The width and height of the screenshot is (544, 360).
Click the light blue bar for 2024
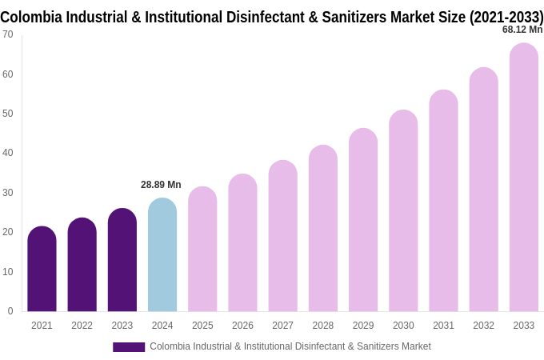162,256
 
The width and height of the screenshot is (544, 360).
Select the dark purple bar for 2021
42,270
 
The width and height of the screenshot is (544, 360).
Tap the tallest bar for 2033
523,178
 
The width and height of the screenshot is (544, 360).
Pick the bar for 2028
323,229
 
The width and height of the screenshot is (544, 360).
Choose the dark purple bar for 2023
122,261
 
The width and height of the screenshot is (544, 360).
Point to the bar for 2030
403,211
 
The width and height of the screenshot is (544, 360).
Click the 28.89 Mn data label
161,185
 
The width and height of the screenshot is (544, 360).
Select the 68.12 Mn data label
522,30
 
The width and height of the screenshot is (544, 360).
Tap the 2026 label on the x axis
242,326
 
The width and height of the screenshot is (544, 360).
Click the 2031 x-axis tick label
443,326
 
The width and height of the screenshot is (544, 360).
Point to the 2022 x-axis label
82,326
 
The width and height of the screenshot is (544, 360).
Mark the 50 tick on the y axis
7,114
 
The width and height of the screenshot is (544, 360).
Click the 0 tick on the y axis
10,311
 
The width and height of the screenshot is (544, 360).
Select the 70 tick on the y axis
7,34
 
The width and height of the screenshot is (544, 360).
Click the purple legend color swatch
128,347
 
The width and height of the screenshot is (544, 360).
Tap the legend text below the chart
290,346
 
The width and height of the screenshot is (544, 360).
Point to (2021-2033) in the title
506,17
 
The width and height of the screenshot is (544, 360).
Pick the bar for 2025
202,250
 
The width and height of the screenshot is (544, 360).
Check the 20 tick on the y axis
7,232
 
